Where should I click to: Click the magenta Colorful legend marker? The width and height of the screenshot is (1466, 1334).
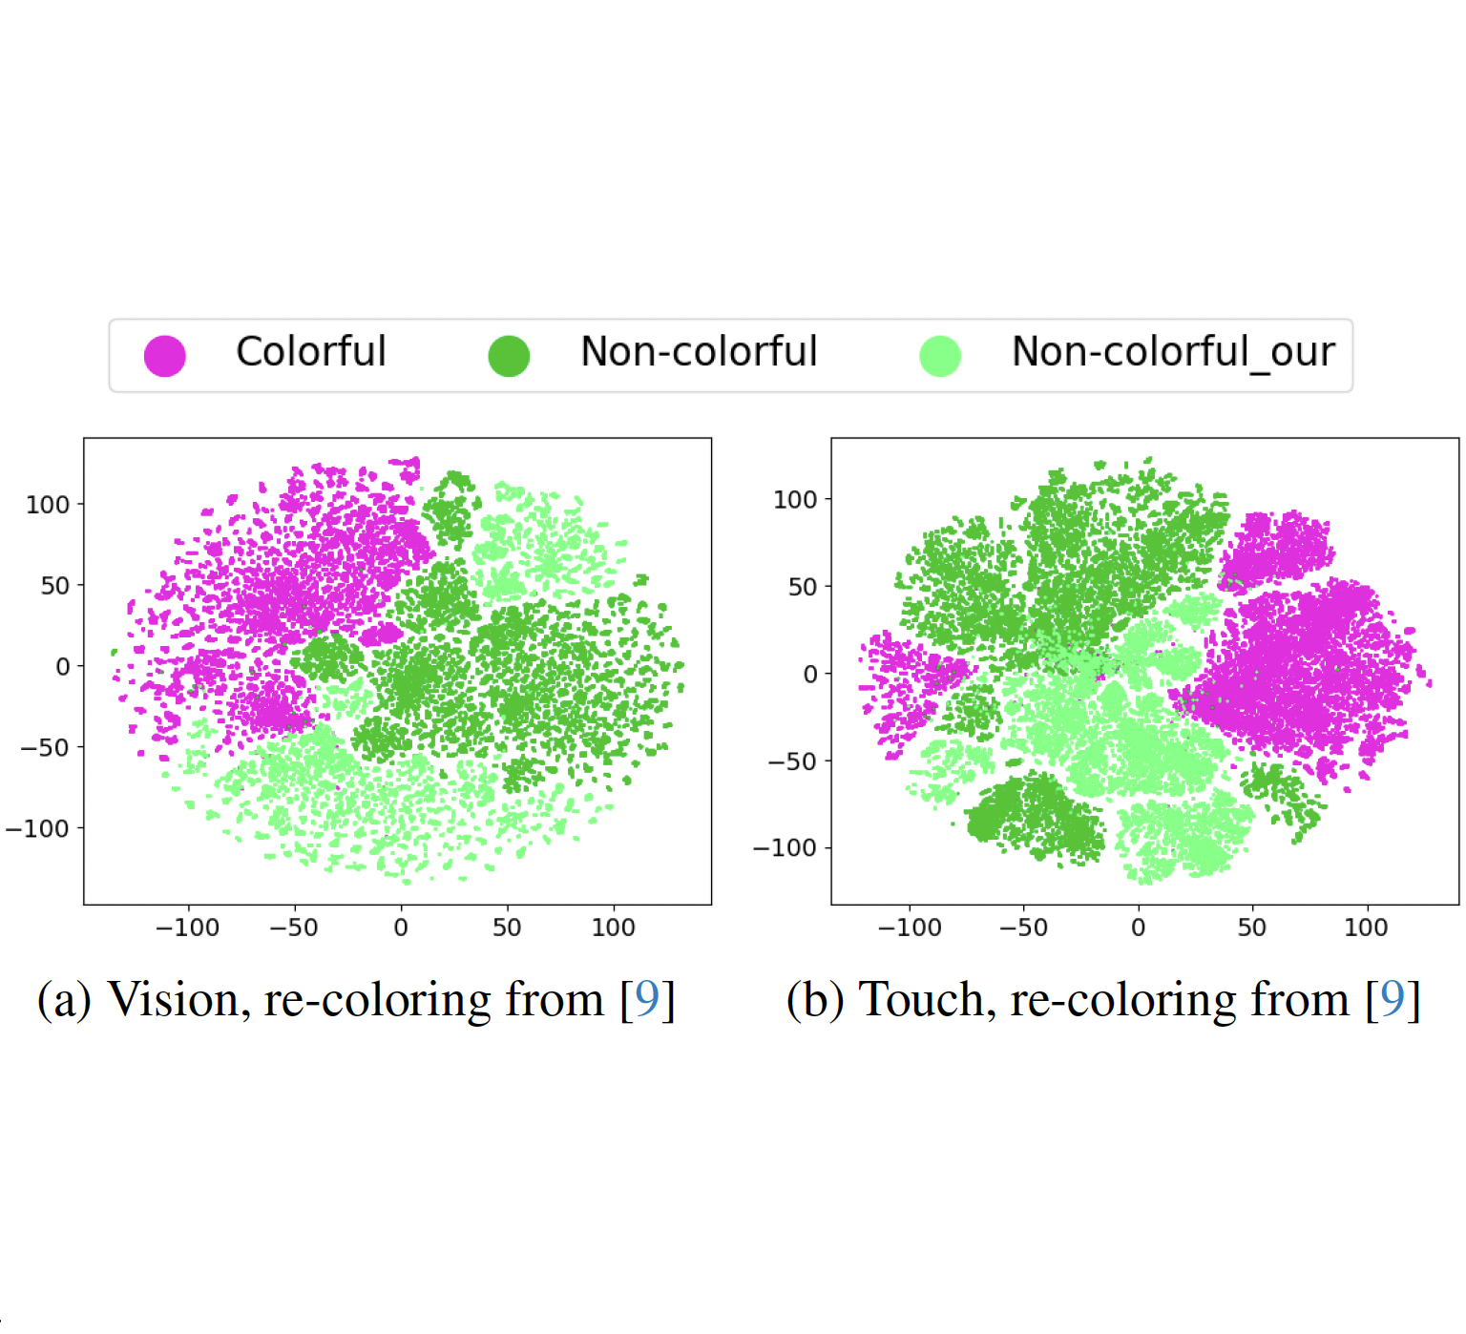coord(164,356)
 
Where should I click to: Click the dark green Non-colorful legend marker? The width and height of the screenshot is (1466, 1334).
coord(509,356)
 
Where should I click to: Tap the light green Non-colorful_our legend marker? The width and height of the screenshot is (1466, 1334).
coord(940,356)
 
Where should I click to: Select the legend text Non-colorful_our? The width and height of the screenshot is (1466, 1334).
coord(1172,352)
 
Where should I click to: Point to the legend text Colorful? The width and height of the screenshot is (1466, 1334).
coord(310,352)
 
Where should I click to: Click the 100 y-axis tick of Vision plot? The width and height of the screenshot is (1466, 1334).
coord(48,504)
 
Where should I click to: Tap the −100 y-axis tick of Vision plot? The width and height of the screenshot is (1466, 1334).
coord(38,828)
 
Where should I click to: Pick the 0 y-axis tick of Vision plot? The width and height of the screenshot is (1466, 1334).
coord(63,666)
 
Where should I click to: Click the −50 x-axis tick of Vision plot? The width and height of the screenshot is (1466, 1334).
coord(293,928)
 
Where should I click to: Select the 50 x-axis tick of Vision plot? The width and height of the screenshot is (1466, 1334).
coord(507,928)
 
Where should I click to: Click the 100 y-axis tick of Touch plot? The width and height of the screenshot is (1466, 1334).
coord(795,499)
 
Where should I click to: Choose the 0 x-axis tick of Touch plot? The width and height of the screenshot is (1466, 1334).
coord(1138,928)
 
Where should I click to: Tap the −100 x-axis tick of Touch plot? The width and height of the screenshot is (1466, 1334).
coord(909,928)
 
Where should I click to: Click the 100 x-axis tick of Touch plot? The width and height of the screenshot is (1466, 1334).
coord(1366,928)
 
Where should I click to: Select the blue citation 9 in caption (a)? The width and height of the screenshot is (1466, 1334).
coord(647,1000)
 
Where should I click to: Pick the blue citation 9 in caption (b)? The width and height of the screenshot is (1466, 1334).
coord(1393,1000)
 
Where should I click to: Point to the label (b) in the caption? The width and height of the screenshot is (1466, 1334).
coord(814,1000)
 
